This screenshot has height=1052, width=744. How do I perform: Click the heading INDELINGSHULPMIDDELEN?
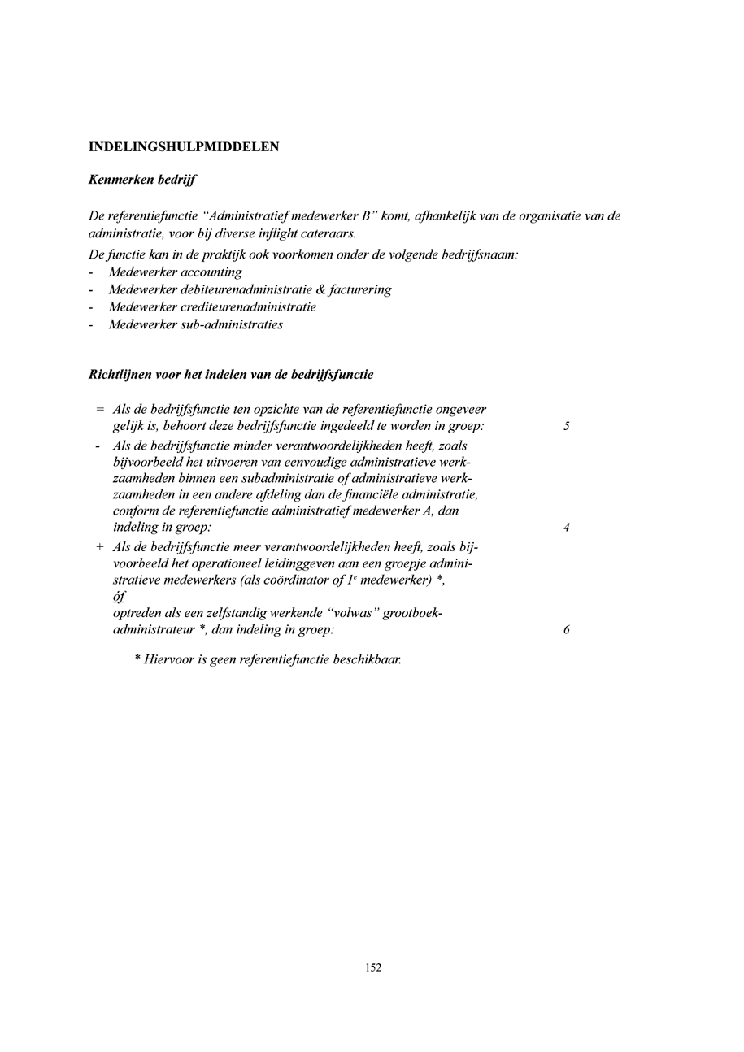184,147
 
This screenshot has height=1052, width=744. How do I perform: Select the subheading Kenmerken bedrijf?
142,180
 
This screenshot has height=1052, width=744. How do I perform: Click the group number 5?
567,426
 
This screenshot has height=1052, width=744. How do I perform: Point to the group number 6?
567,630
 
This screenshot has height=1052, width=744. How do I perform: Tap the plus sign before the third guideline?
100,548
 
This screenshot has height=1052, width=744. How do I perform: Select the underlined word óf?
119,597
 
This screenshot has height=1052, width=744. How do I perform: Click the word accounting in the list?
211,272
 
